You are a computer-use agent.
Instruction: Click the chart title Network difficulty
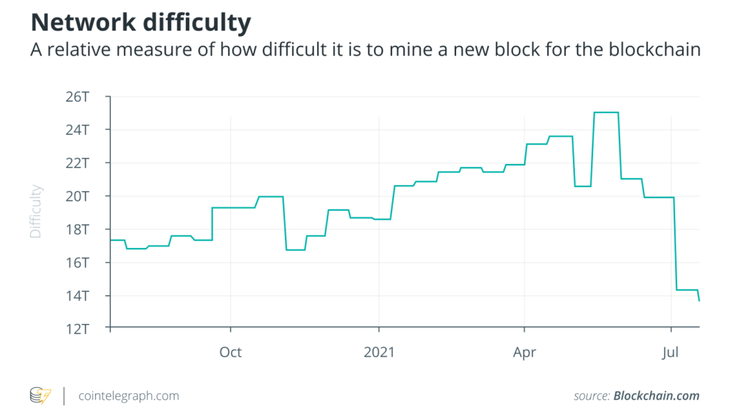click(140, 23)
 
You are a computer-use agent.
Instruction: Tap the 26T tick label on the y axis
click(77, 97)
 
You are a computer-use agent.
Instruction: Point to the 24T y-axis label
click(77, 130)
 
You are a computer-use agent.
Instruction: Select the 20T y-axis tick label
click(77, 196)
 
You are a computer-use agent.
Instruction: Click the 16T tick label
click(77, 263)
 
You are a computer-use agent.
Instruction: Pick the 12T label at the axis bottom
click(77, 329)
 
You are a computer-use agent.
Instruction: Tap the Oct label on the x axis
click(230, 352)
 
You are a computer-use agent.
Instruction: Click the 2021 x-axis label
click(379, 352)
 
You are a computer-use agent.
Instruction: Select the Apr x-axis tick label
click(524, 352)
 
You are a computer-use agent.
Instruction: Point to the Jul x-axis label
click(671, 352)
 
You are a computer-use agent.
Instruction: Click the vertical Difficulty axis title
click(36, 211)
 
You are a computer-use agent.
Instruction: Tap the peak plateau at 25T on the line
click(606, 113)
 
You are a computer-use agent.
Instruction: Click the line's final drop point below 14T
click(699, 300)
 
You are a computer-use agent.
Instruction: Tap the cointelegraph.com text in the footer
click(129, 396)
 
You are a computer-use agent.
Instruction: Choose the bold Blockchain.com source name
click(656, 396)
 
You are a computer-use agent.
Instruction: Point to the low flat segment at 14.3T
click(687, 290)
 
